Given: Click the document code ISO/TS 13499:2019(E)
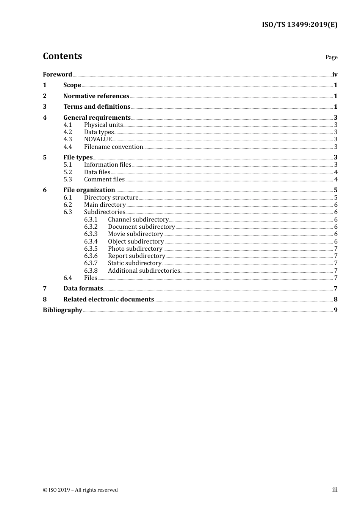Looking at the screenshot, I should pyautogui.click(x=299, y=25).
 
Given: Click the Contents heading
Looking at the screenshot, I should pyautogui.click(x=62, y=56).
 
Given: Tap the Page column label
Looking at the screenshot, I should pyautogui.click(x=331, y=57).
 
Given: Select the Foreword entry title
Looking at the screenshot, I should pyautogui.click(x=57, y=75).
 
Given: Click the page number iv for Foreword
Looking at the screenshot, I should pyautogui.click(x=335, y=75).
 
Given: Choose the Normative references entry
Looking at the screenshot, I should pyautogui.click(x=96, y=96).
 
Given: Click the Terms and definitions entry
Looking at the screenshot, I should pyautogui.click(x=97, y=107).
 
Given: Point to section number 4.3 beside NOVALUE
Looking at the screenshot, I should pyautogui.click(x=67, y=139).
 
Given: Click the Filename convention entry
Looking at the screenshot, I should pyautogui.click(x=113, y=147).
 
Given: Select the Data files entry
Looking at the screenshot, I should pyautogui.click(x=97, y=172).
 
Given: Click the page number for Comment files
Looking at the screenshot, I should pyautogui.click(x=336, y=180).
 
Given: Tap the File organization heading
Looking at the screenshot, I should pyautogui.click(x=89, y=190).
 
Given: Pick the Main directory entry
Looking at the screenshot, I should pyautogui.click(x=105, y=205).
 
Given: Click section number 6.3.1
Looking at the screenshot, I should pyautogui.click(x=91, y=220).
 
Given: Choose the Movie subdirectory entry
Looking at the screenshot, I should pyautogui.click(x=135, y=234).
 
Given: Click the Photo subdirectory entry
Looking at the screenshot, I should pyautogui.click(x=135, y=249).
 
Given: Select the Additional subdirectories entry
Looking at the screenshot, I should pyautogui.click(x=144, y=271).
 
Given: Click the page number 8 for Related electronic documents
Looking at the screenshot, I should pyautogui.click(x=335, y=300).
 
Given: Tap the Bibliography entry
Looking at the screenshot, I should pyautogui.click(x=63, y=310).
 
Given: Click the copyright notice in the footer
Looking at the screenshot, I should pyautogui.click(x=80, y=490).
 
